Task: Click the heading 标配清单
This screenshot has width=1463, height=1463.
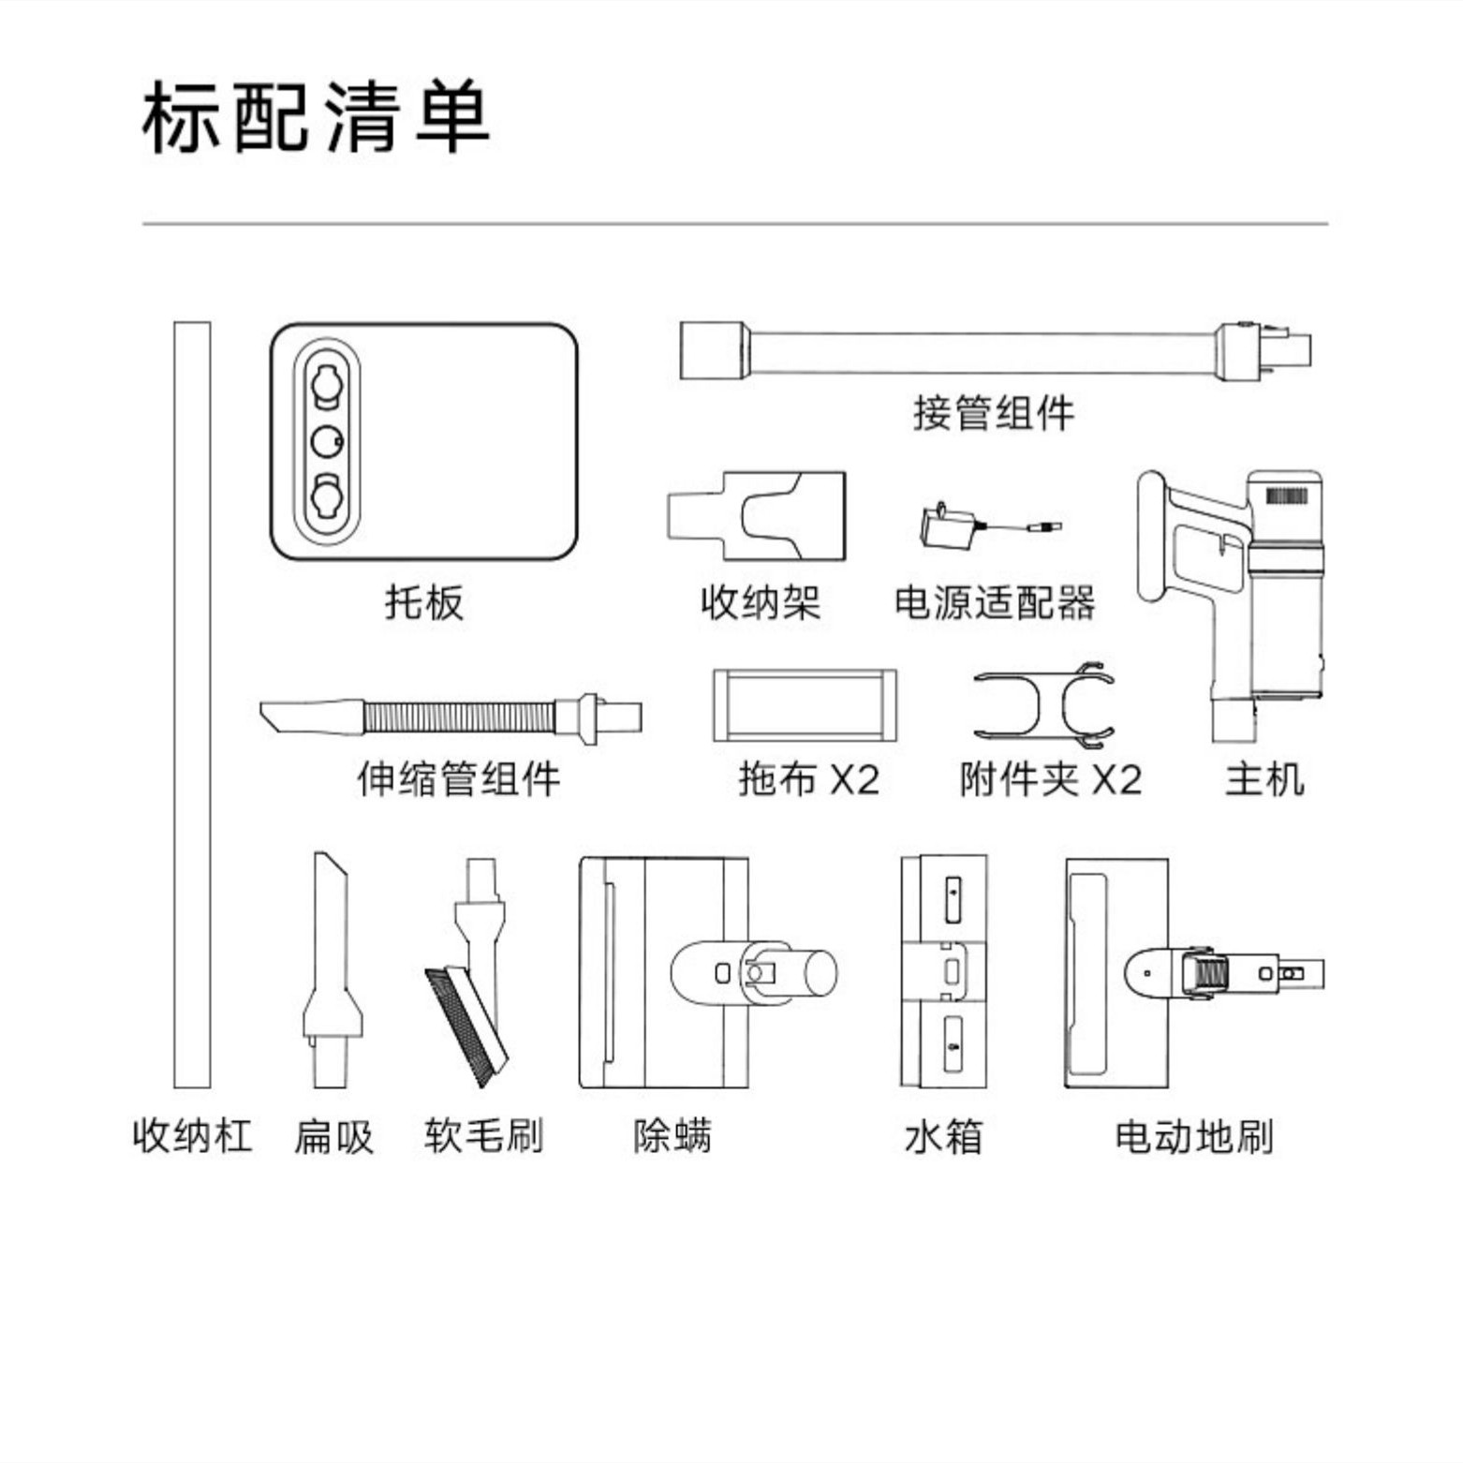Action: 316,118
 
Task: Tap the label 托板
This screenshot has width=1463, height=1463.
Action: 424,602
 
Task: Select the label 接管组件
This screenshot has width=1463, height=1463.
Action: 994,413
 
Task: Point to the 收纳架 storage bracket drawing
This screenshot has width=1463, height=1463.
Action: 757,515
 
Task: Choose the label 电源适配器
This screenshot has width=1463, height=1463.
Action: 995,602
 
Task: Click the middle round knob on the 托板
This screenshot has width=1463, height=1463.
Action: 327,440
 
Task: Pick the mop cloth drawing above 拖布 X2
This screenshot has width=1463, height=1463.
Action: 805,704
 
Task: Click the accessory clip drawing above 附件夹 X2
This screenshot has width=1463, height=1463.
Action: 1043,704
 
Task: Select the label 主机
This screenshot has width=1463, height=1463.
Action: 1263,779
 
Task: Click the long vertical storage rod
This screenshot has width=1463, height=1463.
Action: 192,702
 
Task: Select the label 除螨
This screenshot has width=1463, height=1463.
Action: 672,1136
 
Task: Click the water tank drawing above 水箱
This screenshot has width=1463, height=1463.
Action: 944,971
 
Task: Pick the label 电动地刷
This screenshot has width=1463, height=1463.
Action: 1194,1136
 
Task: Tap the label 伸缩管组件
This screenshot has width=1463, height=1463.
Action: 458,779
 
